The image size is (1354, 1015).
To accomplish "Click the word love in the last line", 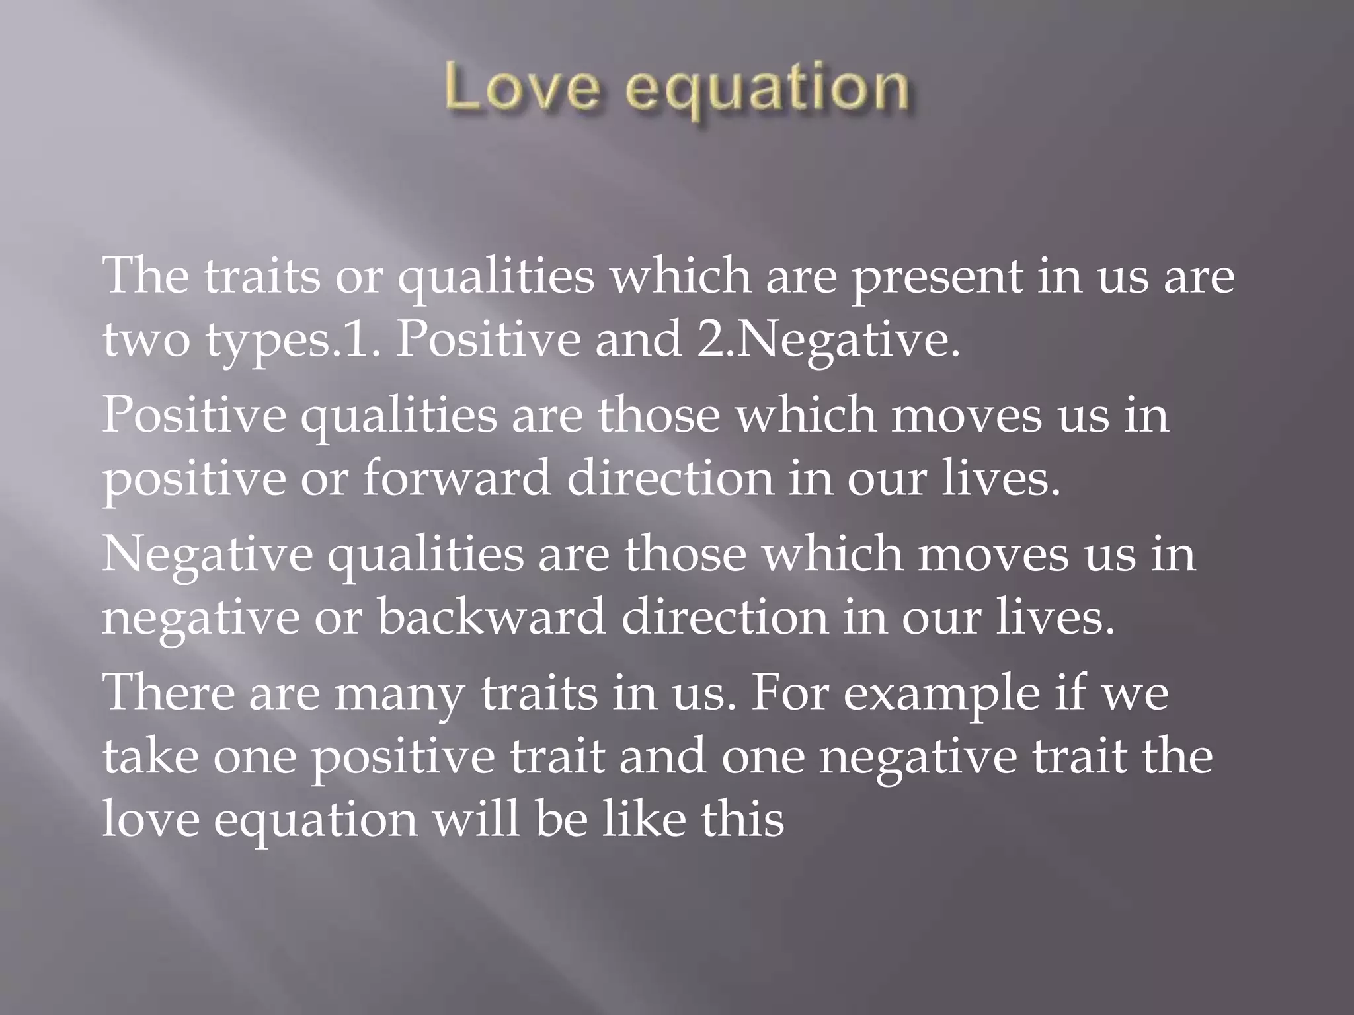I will (x=151, y=819).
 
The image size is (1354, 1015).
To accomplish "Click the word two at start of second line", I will (x=146, y=340).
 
